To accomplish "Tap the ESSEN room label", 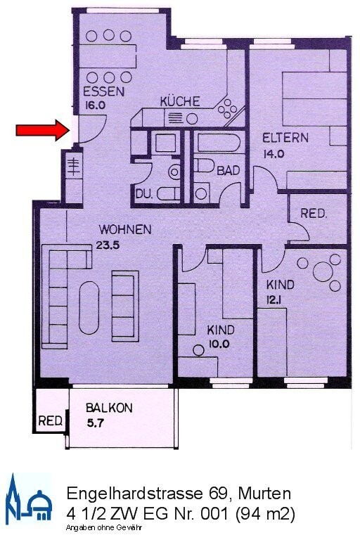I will coord(103,92).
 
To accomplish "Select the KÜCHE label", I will coord(180,101).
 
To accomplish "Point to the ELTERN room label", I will coord(285,138).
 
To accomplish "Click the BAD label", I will coord(227,171).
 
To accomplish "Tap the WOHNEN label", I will coord(125,229).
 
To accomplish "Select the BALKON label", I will coord(109,408).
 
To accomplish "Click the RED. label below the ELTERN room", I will coord(314,214).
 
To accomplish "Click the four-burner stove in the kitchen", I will coord(229,109).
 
